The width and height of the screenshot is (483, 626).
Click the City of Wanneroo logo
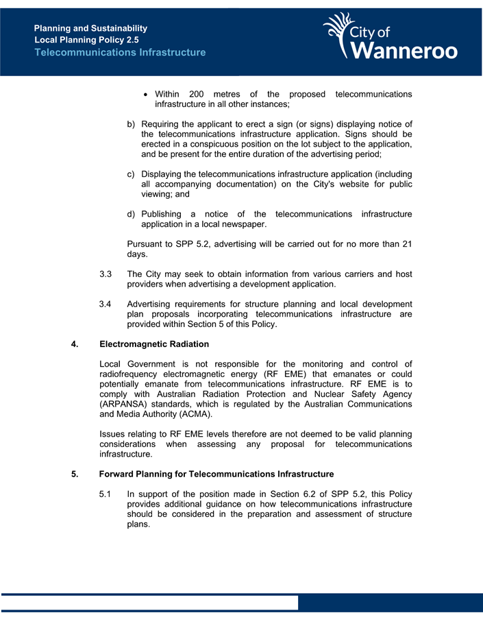(x=391, y=37)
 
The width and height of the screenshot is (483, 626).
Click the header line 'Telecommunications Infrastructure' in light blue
(x=120, y=52)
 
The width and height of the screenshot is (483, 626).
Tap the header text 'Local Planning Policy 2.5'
(x=86, y=40)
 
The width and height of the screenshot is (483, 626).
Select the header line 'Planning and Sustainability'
(x=90, y=28)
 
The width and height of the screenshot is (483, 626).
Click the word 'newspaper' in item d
(x=243, y=224)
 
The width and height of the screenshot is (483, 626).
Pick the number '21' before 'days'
(x=406, y=245)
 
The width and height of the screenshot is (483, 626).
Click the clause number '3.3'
(x=106, y=274)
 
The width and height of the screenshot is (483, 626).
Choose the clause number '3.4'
(x=106, y=304)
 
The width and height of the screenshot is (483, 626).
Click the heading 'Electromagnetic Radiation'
(x=154, y=344)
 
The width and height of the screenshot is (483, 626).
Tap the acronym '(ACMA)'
(x=193, y=414)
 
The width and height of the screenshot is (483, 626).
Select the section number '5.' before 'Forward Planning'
(x=75, y=474)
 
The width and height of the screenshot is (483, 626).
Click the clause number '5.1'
(x=106, y=494)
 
